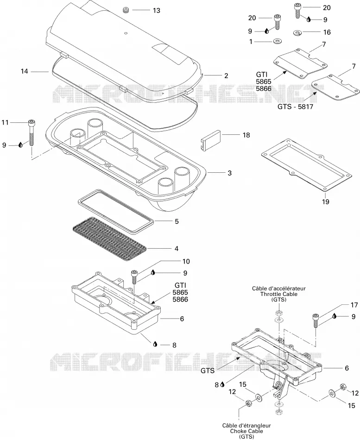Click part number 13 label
(157, 10)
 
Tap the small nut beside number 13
(126, 10)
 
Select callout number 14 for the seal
(25, 71)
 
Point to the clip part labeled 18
(211, 141)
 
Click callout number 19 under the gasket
(325, 201)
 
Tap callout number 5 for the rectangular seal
(177, 221)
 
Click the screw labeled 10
(134, 277)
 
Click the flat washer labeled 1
(278, 42)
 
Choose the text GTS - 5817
(295, 107)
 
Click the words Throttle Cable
(278, 294)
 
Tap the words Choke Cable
(246, 431)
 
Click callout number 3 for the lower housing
(229, 173)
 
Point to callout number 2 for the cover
(226, 75)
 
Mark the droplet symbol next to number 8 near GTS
(222, 384)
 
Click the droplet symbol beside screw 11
(20, 145)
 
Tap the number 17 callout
(354, 305)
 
